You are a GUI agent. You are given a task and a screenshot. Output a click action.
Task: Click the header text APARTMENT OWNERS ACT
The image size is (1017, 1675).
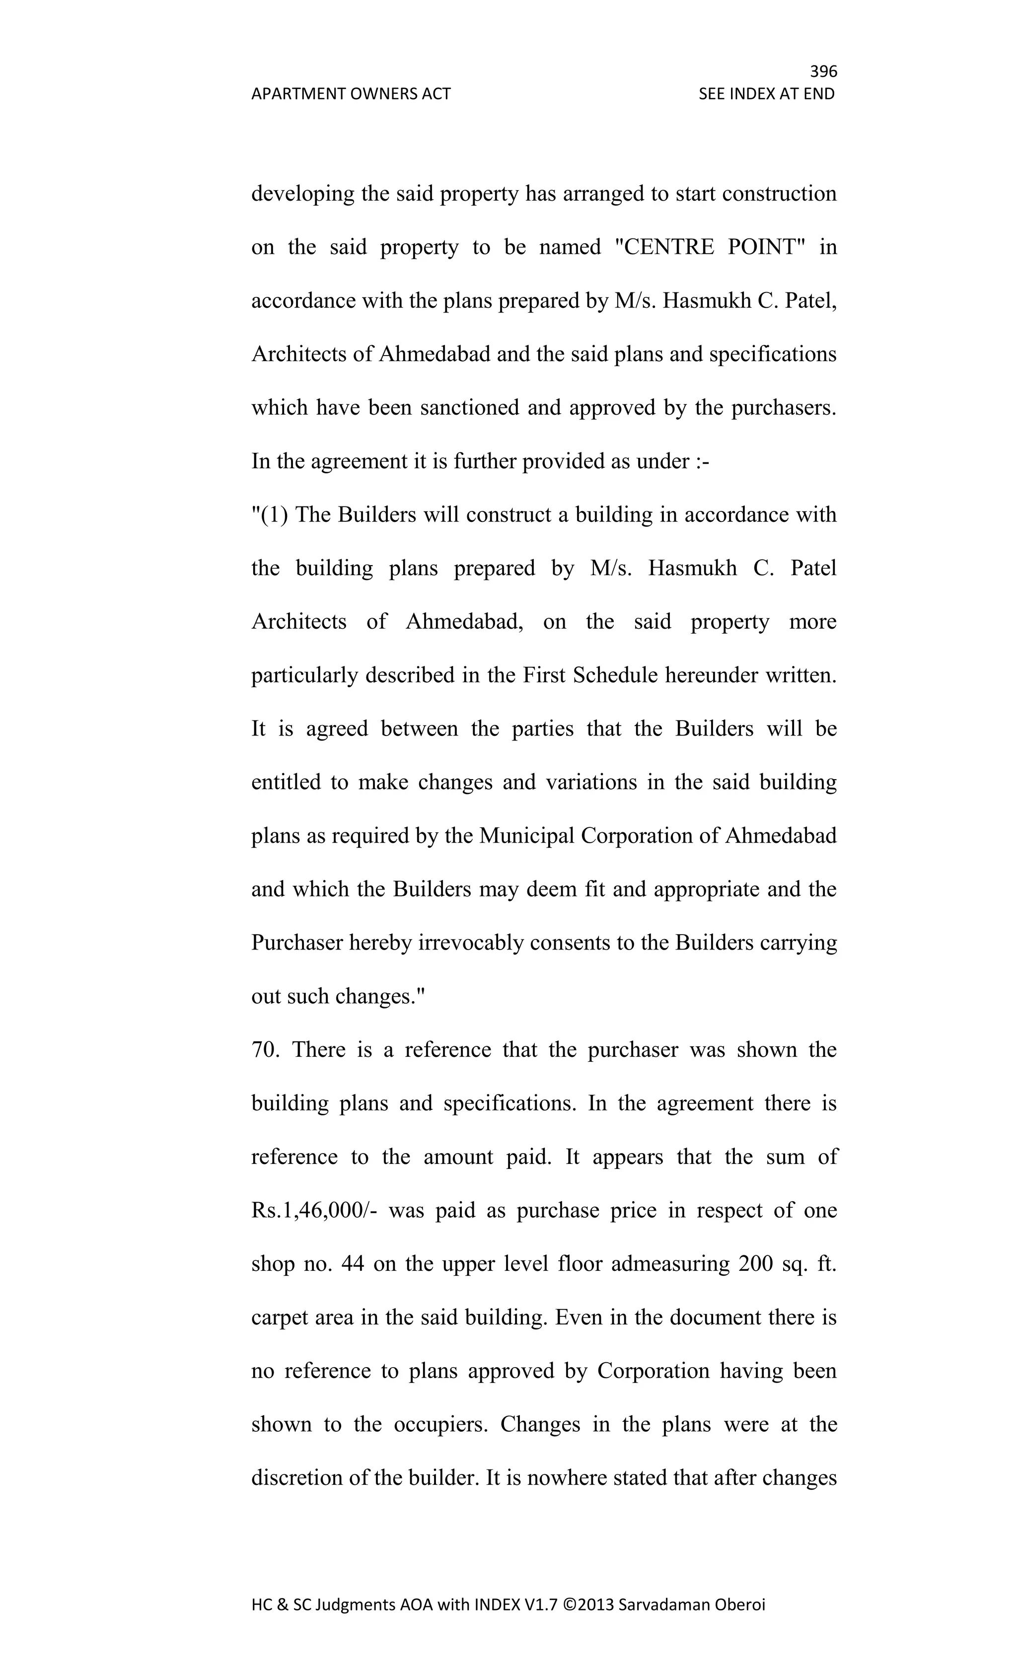point(351,94)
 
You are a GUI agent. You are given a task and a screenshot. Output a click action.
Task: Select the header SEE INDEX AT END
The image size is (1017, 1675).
point(766,94)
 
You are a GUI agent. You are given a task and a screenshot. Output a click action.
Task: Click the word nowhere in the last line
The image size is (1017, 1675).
point(566,1478)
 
